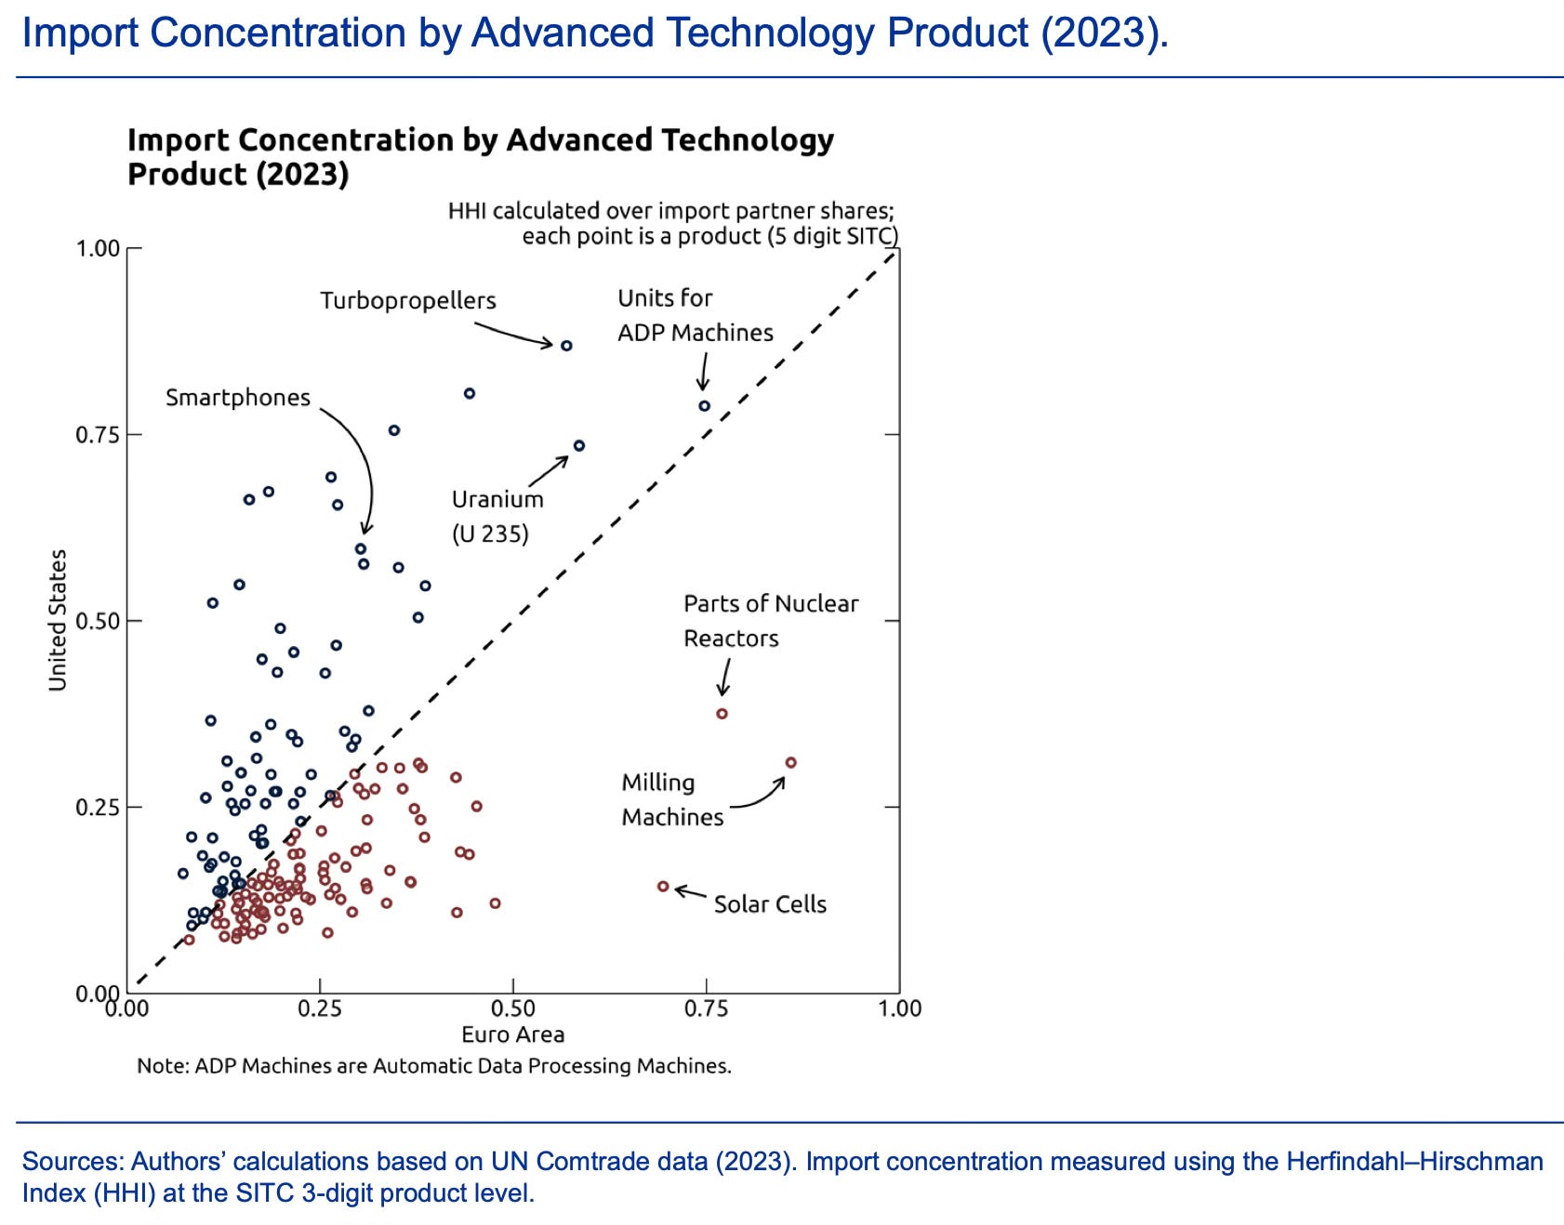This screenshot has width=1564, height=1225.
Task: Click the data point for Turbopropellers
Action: [566, 346]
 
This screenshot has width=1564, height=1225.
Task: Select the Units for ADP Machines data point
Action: [705, 406]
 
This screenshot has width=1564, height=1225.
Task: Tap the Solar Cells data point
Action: [663, 887]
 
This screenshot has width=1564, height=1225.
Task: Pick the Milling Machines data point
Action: [791, 763]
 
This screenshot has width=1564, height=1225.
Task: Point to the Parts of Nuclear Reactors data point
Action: [722, 714]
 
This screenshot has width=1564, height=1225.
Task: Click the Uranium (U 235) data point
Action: [579, 446]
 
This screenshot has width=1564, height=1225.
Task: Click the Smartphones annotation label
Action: [237, 398]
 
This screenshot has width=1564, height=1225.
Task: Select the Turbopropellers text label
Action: [408, 301]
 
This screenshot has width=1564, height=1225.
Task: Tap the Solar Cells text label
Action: [770, 904]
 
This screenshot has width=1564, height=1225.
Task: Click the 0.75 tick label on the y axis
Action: [98, 435]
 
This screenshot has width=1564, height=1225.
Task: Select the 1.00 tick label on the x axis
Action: [899, 1008]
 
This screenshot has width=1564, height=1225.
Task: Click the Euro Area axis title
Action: [512, 1034]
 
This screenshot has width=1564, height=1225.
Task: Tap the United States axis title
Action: [58, 620]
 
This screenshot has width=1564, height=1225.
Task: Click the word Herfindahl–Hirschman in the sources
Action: [1414, 1162]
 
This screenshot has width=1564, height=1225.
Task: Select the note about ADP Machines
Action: [434, 1066]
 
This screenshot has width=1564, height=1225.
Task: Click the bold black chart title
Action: [480, 156]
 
